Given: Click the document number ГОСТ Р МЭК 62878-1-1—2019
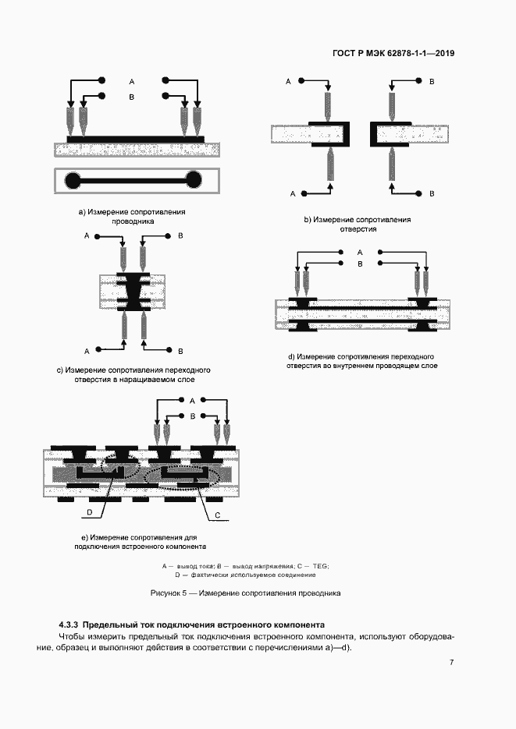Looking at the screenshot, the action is [393, 54].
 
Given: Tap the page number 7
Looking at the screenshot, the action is [451, 662].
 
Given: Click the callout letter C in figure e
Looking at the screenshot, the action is [217, 515].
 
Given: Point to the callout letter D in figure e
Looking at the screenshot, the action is [90, 512].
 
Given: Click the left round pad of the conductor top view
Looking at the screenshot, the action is [73, 180].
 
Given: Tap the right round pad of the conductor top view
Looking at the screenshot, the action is [194, 180].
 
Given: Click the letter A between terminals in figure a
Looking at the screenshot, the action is [132, 82].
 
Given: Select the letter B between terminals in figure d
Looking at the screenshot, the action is [360, 264].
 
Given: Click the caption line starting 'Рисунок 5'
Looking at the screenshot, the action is [245, 593].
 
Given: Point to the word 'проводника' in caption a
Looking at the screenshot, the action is [133, 221].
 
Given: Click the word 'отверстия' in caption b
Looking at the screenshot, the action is [358, 228].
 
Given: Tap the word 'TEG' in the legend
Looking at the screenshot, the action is [319, 566].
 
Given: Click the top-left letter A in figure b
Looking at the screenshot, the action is [288, 81].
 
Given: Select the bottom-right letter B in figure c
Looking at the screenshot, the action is [180, 351].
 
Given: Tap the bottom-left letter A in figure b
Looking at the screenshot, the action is [293, 193].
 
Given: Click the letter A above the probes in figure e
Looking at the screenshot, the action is [192, 400].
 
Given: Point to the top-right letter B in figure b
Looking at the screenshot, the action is [432, 81].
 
